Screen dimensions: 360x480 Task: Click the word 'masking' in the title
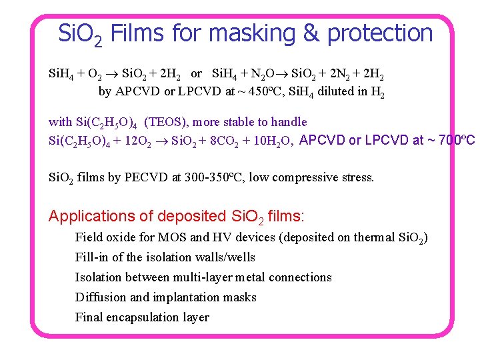click(270, 33)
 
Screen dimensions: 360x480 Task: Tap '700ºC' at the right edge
click(455, 140)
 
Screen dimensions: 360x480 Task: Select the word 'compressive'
click(309, 178)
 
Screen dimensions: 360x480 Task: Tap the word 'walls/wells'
click(224, 257)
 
